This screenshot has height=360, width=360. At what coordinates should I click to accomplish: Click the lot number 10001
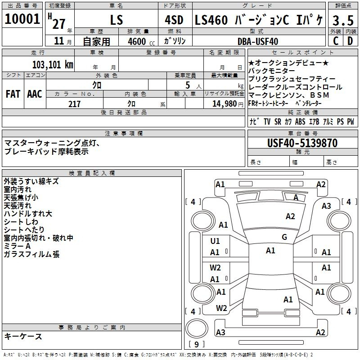22,19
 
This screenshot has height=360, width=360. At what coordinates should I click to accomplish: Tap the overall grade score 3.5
343,20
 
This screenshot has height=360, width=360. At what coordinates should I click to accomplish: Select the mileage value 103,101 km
53,65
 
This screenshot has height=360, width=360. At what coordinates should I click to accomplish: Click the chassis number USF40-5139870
302,143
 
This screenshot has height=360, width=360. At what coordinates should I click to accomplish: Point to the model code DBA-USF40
258,41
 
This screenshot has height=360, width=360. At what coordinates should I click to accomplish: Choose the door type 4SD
174,20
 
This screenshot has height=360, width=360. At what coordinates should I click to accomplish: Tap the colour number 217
74,104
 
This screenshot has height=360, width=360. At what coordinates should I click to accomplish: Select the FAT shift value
13,94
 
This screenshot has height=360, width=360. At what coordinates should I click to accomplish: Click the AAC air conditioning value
35,94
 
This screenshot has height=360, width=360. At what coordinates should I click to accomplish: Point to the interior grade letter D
350,41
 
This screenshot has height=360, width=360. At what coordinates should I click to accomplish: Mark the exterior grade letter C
336,41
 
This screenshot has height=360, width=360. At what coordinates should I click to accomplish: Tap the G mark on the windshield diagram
284,237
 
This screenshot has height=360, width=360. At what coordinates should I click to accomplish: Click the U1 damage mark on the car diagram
215,241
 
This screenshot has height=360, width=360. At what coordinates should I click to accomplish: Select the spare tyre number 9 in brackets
197,344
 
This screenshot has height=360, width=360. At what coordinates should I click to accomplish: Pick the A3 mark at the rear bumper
220,333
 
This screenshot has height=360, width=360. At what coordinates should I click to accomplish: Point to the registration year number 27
59,24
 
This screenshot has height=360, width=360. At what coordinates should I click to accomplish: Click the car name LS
117,20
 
